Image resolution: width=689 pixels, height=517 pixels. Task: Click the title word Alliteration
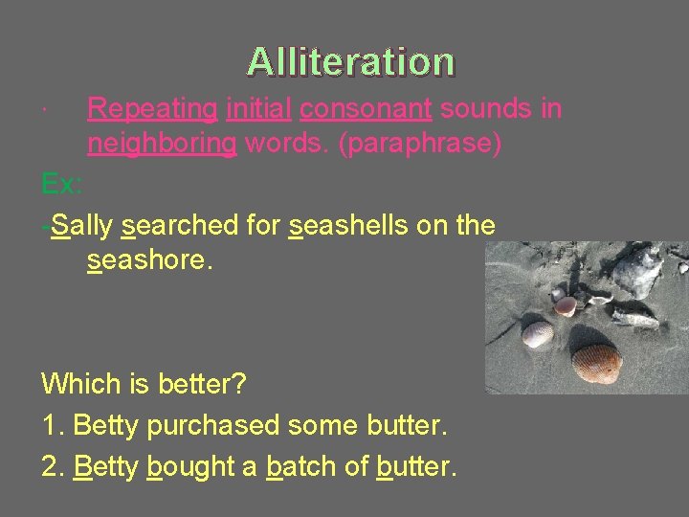point(350,61)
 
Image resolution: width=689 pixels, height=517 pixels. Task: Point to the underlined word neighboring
point(162,145)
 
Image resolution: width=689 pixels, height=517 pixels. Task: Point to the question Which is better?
point(144,385)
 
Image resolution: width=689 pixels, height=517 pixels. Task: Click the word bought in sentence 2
point(190,467)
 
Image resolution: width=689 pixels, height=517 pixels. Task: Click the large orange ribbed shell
point(596,363)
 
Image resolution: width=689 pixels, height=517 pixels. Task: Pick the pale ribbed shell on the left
point(537,334)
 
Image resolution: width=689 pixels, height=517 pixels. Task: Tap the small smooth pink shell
point(567,305)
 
